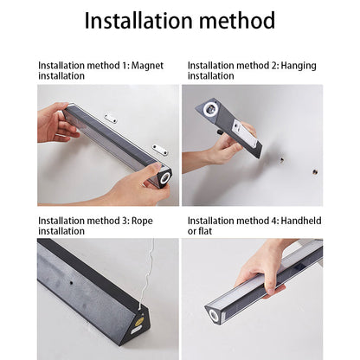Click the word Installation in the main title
click(138, 20)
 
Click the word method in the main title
click(237, 20)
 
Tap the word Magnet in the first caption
click(147, 66)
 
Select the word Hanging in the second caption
click(299, 66)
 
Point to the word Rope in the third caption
click(142, 222)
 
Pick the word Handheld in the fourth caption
click(301, 221)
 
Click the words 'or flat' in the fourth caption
click(200, 231)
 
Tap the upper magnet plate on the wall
click(111, 119)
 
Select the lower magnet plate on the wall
click(159, 149)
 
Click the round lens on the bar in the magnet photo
click(165, 177)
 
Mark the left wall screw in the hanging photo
click(282, 159)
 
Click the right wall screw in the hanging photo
click(315, 172)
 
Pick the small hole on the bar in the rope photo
click(71, 283)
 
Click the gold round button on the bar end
click(139, 321)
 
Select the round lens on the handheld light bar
click(214, 315)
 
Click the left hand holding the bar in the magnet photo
click(56, 123)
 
